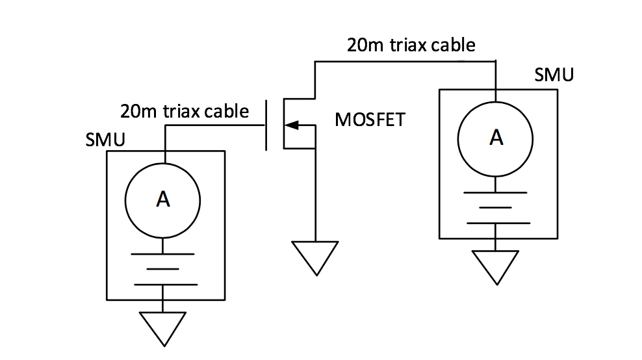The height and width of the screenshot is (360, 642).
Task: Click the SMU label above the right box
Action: [554, 75]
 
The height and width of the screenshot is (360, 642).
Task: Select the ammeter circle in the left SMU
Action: [163, 201]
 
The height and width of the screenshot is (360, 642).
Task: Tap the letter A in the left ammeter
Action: [163, 201]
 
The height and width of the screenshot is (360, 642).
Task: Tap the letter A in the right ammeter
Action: [496, 138]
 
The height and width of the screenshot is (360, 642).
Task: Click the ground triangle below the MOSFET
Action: [315, 255]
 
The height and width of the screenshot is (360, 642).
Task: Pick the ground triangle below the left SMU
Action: [163, 326]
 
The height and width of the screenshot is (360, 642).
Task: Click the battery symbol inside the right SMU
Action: [496, 207]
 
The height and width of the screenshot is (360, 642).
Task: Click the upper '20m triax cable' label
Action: [411, 45]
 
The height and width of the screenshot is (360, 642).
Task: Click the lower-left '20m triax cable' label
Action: [185, 111]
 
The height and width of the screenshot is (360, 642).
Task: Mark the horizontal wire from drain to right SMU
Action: [403, 62]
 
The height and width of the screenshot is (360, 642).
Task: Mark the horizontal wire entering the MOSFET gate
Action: [214, 125]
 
